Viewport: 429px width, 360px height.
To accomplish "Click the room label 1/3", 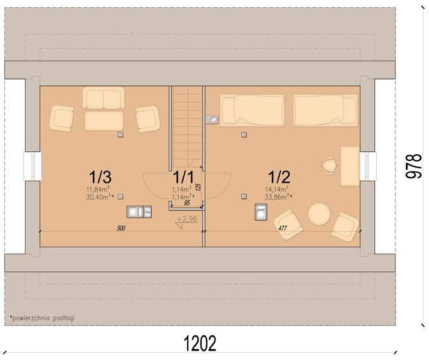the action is tap(100, 177).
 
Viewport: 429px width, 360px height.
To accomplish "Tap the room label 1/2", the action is tap(279, 177).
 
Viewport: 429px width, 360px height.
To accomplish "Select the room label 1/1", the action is tap(184, 177).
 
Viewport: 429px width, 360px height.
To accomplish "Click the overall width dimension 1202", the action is tap(200, 343).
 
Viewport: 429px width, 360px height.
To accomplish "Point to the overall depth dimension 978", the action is tap(413, 166).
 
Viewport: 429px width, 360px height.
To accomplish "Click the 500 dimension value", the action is tap(121, 228).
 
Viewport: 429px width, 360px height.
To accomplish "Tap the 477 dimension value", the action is tap(282, 228).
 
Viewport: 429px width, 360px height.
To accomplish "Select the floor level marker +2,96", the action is tap(187, 219).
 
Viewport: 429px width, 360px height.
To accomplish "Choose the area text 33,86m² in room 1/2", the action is tap(278, 197).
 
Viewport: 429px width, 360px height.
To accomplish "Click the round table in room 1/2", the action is tap(319, 214).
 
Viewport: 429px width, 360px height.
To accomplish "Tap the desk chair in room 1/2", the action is tap(328, 166).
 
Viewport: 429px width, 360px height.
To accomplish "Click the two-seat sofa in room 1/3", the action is tap(103, 98).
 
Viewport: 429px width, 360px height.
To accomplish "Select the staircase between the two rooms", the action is tap(187, 127).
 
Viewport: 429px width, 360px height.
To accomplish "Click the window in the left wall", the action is tap(32, 166).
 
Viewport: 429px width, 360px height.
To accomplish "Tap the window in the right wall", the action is tap(367, 166).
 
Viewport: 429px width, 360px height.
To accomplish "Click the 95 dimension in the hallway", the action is tap(187, 203).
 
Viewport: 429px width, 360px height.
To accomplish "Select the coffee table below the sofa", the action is tap(104, 121).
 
